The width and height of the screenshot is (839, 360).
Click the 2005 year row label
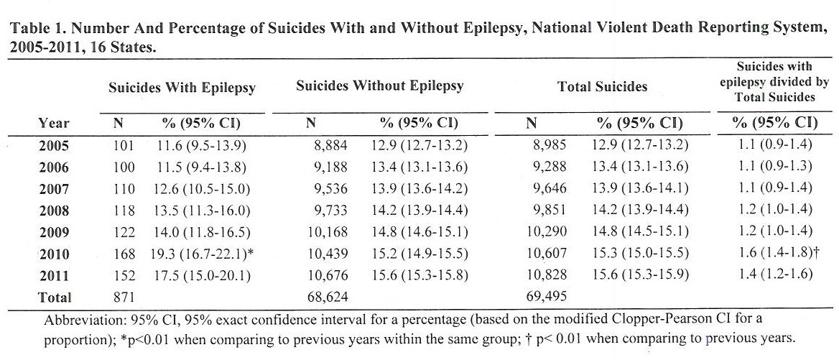tap(54, 147)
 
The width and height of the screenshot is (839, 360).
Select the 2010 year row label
tap(54, 254)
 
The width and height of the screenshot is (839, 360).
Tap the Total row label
tap(54, 296)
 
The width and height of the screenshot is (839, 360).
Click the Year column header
tap(54, 123)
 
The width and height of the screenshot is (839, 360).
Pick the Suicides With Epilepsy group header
tap(182, 88)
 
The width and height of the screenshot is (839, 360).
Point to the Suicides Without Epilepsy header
tap(379, 86)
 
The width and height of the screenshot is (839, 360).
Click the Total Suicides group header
tap(602, 87)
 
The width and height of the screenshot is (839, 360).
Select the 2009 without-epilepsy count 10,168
tap(326, 232)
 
